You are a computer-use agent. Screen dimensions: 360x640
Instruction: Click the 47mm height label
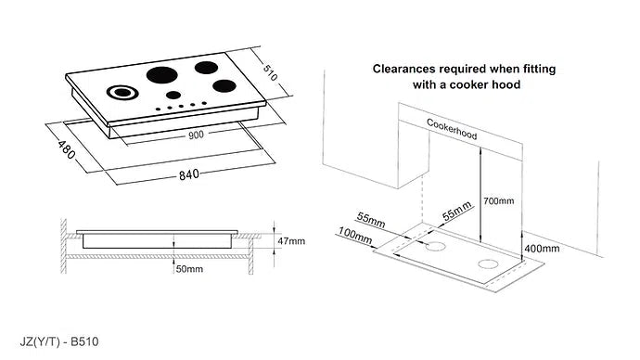[292, 241]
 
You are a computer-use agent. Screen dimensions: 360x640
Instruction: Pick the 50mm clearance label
[189, 268]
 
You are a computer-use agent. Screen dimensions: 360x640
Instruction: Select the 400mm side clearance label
[542, 249]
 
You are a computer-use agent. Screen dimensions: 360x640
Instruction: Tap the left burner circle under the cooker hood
[433, 249]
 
